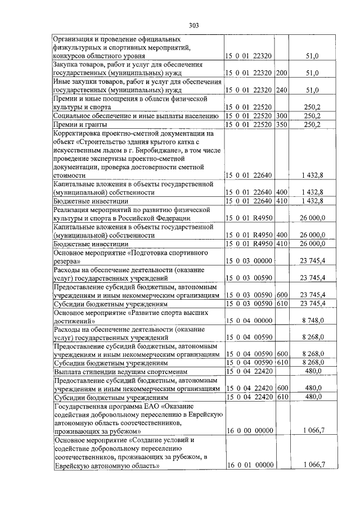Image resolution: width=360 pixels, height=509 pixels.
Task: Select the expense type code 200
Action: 282,73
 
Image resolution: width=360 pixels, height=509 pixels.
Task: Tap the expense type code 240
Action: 282,90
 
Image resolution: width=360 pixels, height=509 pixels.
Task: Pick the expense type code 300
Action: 282,115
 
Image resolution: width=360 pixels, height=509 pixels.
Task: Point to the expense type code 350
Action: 282,124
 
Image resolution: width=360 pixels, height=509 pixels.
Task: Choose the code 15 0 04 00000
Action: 249,320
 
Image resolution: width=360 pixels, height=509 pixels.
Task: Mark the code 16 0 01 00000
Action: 249,465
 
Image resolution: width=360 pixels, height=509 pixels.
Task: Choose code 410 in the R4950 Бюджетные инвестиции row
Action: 282,244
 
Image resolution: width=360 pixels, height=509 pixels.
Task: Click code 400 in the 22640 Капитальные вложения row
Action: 282,192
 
